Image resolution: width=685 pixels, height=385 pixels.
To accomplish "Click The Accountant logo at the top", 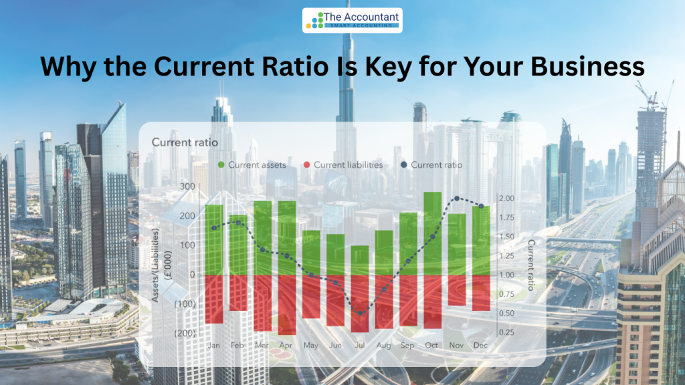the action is [x=352, y=20].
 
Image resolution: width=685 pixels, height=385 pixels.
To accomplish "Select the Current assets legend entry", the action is [x=252, y=165].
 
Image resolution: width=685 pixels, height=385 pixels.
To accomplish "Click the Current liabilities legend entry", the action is [x=343, y=165].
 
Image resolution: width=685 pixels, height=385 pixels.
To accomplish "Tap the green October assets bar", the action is [x=433, y=233].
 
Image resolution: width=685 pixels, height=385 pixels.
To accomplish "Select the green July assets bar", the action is [x=359, y=261].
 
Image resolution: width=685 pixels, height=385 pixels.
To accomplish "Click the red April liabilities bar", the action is [x=286, y=305].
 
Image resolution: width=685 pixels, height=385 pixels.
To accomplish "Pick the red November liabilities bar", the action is [x=457, y=290].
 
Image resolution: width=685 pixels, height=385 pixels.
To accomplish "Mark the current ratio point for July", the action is [x=360, y=313].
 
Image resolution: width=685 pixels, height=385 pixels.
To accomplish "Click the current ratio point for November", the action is [x=457, y=199].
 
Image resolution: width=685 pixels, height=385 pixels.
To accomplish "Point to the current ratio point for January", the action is [x=213, y=228].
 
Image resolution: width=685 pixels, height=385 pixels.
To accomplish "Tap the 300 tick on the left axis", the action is [x=187, y=186].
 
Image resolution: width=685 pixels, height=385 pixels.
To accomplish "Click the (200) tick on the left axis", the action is [x=185, y=333].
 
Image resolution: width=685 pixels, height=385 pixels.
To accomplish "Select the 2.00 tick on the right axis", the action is [x=507, y=198].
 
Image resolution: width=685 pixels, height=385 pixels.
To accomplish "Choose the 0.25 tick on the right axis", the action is [x=507, y=332].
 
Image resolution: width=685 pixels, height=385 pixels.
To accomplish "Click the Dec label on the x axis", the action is [x=480, y=346].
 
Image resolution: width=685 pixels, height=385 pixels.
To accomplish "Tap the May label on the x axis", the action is [x=310, y=346].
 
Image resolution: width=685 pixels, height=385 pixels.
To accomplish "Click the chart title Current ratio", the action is [x=185, y=142].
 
